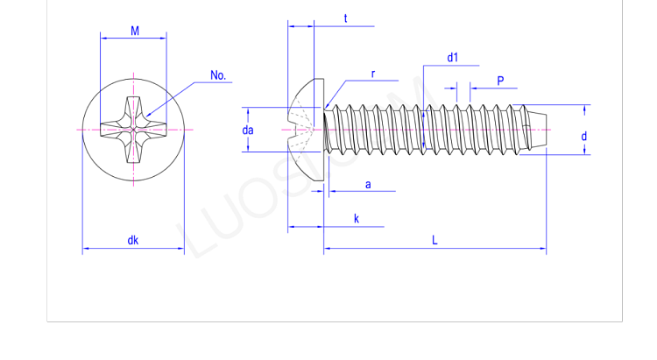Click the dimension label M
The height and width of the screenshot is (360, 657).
(x=135, y=31)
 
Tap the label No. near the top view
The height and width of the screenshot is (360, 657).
(x=218, y=75)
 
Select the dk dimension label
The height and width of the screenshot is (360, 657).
(x=132, y=240)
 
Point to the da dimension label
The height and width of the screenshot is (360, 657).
(x=248, y=131)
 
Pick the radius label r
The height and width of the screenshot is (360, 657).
(x=373, y=74)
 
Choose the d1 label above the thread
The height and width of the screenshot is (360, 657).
(x=452, y=58)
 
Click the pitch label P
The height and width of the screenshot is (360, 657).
(x=500, y=81)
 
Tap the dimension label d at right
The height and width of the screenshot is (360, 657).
(x=584, y=137)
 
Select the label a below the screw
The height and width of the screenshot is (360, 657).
(x=368, y=184)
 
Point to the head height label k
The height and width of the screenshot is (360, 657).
(x=357, y=219)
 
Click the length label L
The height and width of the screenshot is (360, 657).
(x=434, y=241)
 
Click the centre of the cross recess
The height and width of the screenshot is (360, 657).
(x=133, y=130)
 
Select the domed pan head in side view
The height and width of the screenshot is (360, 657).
(x=307, y=130)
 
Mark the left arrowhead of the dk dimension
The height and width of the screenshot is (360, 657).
(x=86, y=250)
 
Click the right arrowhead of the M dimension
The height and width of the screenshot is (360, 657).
(x=163, y=38)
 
